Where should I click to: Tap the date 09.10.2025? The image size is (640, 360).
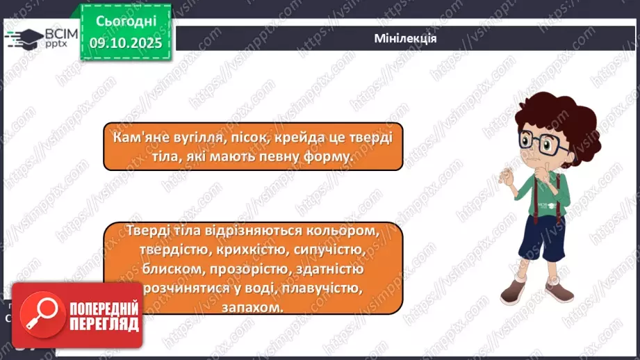pyautogui.click(x=125, y=43)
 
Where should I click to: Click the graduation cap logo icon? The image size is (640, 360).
pyautogui.click(x=23, y=38)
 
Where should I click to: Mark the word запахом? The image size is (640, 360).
pyautogui.click(x=254, y=306)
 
